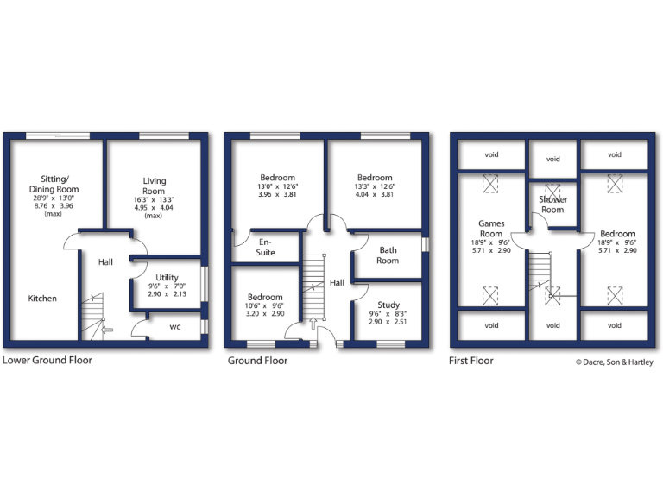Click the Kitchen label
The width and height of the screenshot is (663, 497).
click(x=42, y=299)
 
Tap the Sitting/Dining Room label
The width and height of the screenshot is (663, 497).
click(x=54, y=184)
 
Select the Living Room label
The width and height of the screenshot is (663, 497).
click(x=154, y=186)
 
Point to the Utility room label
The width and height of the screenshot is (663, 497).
click(x=167, y=278)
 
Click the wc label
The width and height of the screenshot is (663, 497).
click(x=174, y=327)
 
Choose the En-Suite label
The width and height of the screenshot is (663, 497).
click(x=266, y=248)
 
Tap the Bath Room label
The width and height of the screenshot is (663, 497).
click(x=388, y=255)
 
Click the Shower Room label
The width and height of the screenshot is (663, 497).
click(x=552, y=204)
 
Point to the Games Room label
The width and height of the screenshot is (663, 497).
click(x=491, y=229)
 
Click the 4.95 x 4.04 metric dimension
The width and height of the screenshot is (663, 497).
click(x=154, y=207)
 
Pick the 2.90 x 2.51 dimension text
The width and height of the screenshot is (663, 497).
click(x=388, y=322)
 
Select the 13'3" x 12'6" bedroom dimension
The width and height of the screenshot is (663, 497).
click(x=375, y=186)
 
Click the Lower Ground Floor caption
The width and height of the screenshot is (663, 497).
click(x=47, y=360)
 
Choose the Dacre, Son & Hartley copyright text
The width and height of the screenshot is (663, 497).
click(x=615, y=362)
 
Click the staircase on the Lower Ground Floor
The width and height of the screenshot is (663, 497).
click(x=93, y=316)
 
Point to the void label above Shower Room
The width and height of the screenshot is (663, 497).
click(x=552, y=159)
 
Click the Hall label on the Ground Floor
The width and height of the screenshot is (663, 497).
click(x=337, y=283)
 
